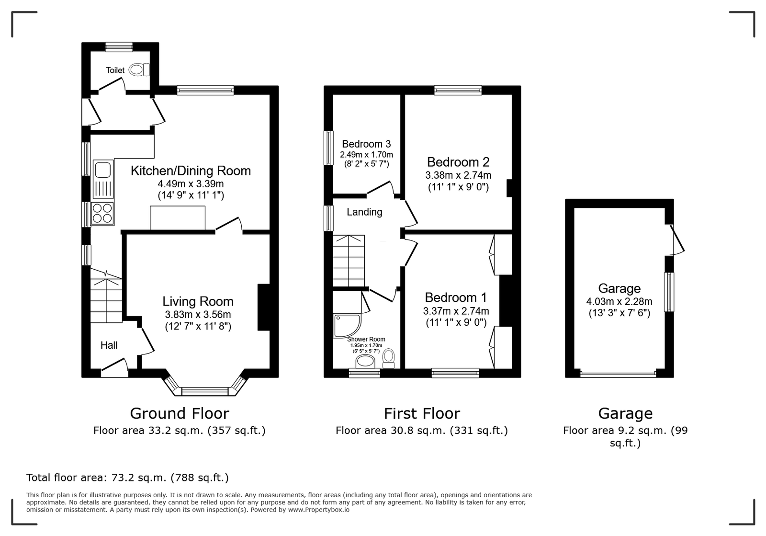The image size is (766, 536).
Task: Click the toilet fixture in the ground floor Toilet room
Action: coord(139,70)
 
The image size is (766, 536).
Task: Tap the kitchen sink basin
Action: coord(103,170)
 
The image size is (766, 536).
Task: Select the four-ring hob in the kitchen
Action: coord(102,213)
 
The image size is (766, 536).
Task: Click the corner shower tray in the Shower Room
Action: coord(347,326)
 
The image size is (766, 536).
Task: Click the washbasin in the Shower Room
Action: coord(365,361)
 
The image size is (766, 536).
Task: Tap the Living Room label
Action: coord(198,302)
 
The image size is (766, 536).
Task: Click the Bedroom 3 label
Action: coord(366,144)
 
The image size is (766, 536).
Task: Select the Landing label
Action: coord(364,212)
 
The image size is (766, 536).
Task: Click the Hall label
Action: coord(109,345)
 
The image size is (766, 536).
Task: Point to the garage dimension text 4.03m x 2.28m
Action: coord(620,302)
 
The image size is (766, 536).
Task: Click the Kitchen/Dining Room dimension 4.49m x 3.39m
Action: coord(191,183)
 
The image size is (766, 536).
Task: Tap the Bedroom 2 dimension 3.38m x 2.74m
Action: coord(458,175)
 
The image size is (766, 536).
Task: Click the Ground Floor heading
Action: coord(180,413)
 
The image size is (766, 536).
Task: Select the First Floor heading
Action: coord(422,413)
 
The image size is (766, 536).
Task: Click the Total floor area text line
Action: coord(127,478)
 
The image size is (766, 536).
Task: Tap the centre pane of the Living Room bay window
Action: coord(205,391)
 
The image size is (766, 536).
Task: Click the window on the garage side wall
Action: coord(669,292)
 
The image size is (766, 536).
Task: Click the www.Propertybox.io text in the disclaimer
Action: coord(319,510)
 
